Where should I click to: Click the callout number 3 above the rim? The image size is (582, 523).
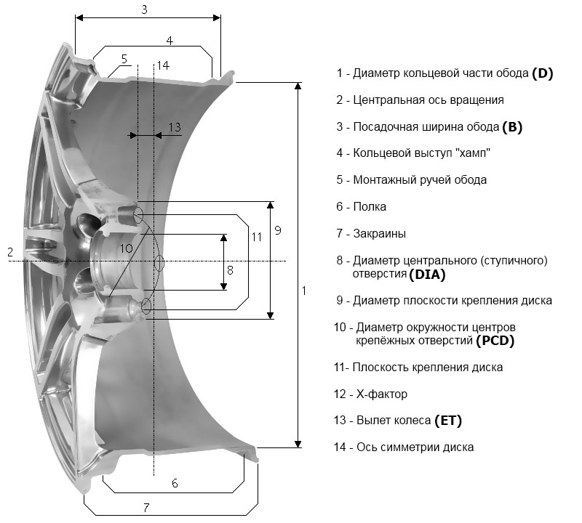[x=145, y=9]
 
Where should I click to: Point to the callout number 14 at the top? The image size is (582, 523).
[x=163, y=65]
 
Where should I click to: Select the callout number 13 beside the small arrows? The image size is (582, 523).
[x=174, y=127]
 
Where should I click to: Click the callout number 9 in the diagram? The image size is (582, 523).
[x=277, y=230]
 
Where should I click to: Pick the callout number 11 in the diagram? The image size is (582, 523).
[x=256, y=236]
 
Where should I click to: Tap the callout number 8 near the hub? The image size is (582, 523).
[x=230, y=269]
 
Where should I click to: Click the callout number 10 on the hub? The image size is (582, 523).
[x=126, y=248]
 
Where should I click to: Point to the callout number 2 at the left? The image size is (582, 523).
[x=10, y=252]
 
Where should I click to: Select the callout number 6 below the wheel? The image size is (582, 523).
[x=175, y=483]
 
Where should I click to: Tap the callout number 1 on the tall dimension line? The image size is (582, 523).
[x=303, y=290]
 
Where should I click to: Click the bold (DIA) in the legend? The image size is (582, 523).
[x=427, y=275]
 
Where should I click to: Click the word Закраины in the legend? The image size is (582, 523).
[x=379, y=234]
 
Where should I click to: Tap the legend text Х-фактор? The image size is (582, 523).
[x=380, y=394]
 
